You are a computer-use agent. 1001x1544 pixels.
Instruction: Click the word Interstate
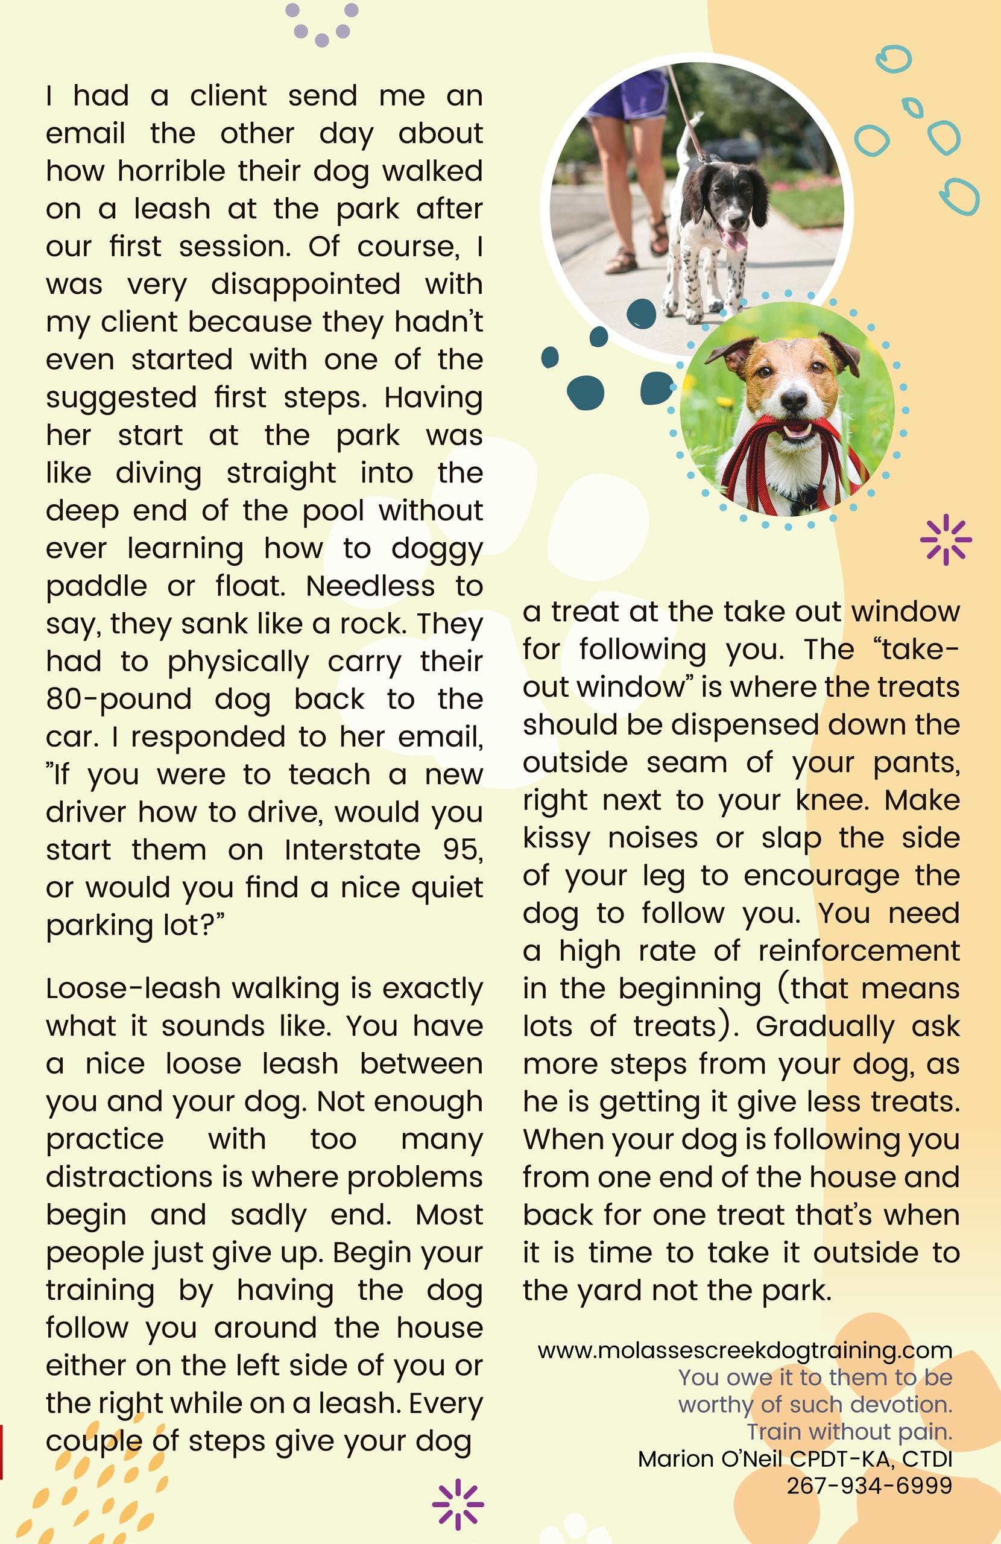352,850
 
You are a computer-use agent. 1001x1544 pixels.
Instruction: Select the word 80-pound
119,700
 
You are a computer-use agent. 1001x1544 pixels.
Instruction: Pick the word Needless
370,586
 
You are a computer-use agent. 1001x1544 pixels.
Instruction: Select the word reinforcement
859,951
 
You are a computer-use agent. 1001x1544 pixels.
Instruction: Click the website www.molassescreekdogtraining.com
745,1350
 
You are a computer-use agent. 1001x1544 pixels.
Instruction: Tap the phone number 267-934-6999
870,1485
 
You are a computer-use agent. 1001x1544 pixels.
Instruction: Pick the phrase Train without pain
849,1431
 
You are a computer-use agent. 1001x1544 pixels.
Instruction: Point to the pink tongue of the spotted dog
735,241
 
